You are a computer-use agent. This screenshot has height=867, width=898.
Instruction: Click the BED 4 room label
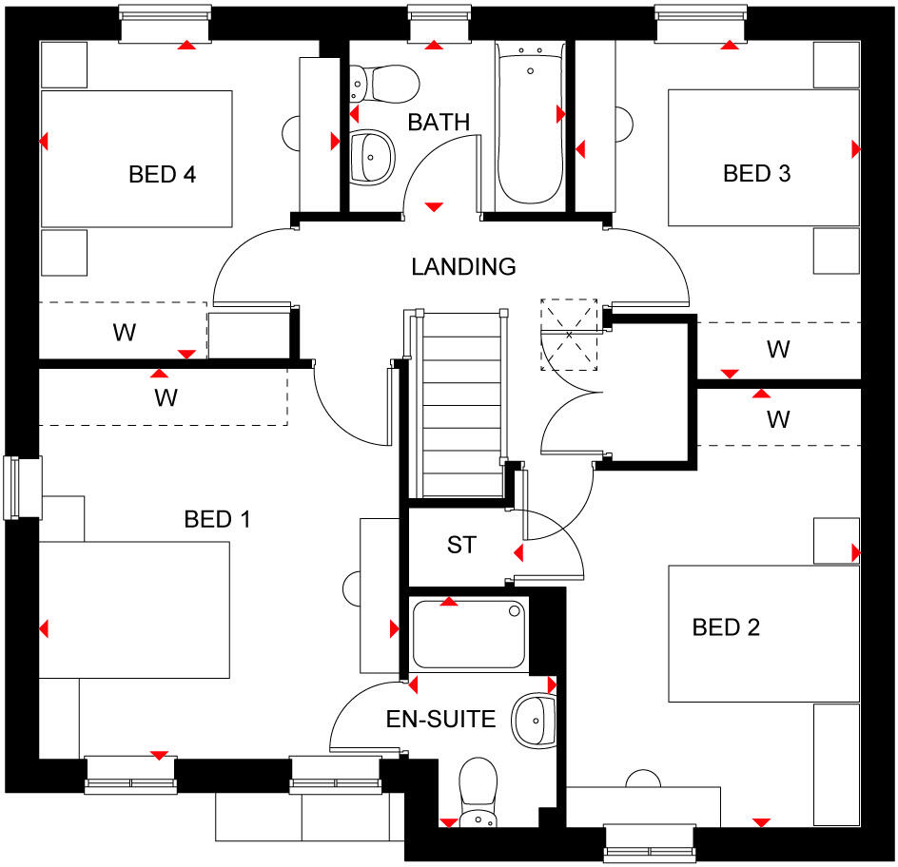[163, 175]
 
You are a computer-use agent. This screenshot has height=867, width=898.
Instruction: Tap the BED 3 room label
[757, 174]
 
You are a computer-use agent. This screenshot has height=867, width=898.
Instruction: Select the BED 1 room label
[217, 519]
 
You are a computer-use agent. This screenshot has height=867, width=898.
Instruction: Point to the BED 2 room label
[726, 627]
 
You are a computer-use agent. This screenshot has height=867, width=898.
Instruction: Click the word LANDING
[463, 267]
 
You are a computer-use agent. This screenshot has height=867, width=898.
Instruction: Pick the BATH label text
[439, 123]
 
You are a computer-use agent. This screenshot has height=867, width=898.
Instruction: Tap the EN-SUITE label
[440, 719]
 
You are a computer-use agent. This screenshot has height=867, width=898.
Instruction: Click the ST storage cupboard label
[461, 546]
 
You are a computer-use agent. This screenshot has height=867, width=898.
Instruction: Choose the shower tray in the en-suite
[468, 633]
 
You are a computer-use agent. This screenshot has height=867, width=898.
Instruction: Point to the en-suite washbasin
[533, 722]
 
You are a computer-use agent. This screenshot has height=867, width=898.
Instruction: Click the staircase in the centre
[460, 403]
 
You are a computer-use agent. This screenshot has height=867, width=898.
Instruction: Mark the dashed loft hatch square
[570, 334]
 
